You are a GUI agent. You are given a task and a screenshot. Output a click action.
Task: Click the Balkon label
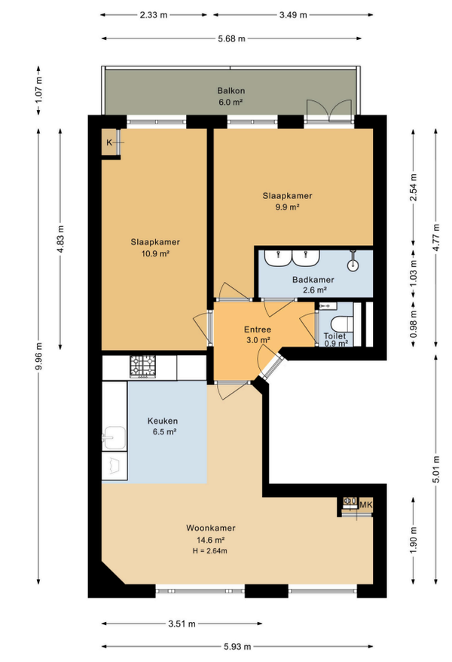pos(231,90)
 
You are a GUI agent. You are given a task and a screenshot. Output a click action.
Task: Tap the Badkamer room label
pos(313,280)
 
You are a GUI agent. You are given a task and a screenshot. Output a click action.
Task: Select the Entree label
pos(258,329)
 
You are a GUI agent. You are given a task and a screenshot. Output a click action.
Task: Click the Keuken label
pos(162,421)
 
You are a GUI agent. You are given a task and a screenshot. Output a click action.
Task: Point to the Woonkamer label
pos(211,528)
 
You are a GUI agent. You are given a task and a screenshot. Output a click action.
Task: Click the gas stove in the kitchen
pos(142,366)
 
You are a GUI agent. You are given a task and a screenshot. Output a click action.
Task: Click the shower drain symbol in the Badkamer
pos(353,265)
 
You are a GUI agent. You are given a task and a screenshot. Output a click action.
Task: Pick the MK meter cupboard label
pos(366,504)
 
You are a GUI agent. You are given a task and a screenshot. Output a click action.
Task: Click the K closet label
pos(109,143)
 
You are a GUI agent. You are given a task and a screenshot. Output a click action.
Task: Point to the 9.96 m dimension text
pos(38,355)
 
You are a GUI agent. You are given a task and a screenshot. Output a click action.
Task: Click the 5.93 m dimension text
pos(237,646)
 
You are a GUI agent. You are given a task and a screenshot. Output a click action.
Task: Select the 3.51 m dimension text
pos(182,624)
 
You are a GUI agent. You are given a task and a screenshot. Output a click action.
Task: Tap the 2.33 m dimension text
pos(154,15)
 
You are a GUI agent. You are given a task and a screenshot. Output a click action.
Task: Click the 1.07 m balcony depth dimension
pos(38,90)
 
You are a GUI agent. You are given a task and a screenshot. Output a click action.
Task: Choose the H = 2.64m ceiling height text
pos(210,550)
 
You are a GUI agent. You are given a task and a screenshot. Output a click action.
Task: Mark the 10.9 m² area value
pos(155,253)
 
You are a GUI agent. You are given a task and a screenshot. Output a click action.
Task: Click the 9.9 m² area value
pos(287,207)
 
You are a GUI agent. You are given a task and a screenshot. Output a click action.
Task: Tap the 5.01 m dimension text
pos(436,470)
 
